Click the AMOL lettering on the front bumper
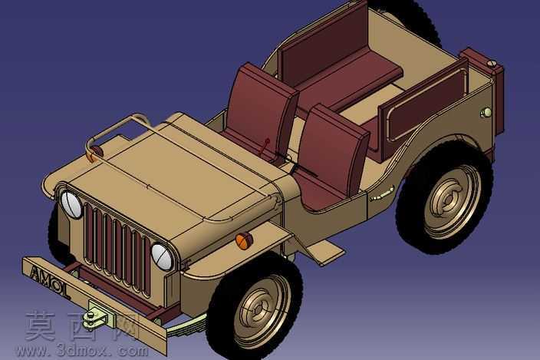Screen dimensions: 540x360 pos(49,281)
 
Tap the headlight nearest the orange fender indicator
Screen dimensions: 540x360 pos(162,257)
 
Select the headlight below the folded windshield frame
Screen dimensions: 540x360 pos(71,204)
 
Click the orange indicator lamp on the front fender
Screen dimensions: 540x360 pos(244,240)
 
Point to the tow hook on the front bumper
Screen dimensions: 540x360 pos(98,315)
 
